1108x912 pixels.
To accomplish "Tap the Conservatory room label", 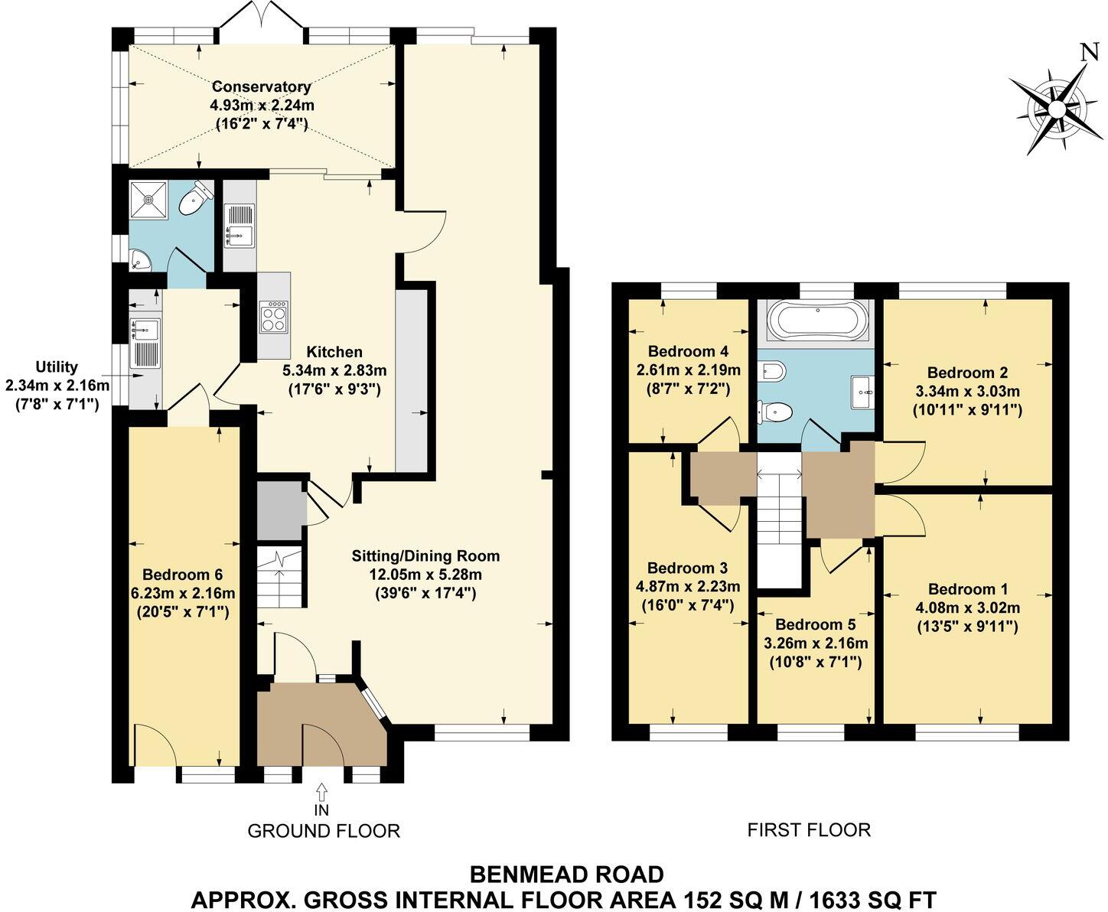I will pos(261,86).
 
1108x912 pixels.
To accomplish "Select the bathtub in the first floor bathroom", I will pos(818,320).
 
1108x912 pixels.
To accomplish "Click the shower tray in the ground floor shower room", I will pos(148,200).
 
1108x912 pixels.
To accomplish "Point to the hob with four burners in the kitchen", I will pos(275,317).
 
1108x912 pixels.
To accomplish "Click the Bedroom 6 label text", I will pos(182,574).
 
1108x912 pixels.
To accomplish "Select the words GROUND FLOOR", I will pos(323,830).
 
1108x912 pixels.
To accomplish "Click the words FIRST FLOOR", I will pos(809,829).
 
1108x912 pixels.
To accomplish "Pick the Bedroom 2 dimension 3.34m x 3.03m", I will pos(967,391).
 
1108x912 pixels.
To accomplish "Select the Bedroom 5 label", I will pos(815,624).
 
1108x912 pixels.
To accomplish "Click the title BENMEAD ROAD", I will pos(566,874).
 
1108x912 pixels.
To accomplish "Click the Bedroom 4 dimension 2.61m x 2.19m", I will pos(688,370).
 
